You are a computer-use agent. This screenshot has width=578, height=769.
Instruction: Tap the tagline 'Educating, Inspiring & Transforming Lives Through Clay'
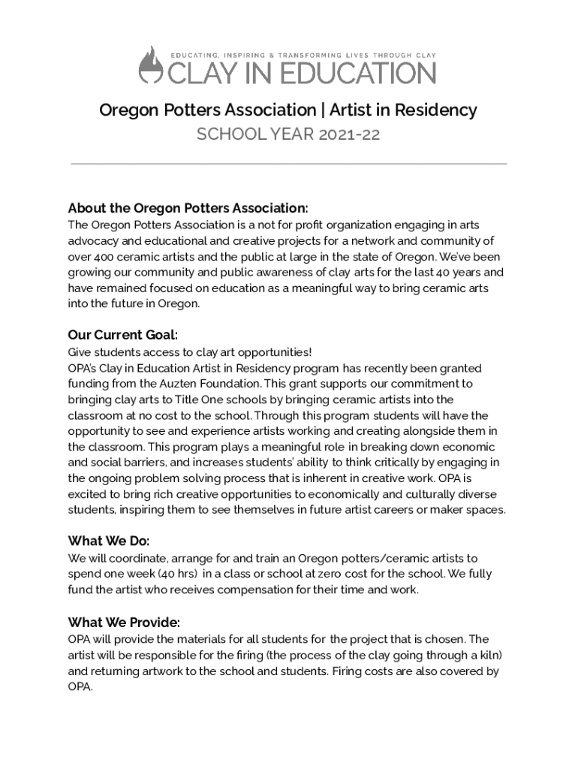(x=304, y=55)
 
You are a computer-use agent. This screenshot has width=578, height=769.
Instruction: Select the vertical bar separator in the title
(x=322, y=110)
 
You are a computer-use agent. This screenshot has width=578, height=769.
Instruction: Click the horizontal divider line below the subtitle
(x=288, y=163)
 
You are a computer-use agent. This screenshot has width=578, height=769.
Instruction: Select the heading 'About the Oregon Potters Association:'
(x=188, y=208)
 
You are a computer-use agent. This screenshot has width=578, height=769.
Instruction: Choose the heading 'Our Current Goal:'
(x=122, y=335)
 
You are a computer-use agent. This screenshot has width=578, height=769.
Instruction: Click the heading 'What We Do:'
(x=109, y=541)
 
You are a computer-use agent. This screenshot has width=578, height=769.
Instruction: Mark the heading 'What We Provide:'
(x=124, y=623)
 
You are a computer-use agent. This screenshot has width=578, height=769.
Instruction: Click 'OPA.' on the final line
(x=80, y=687)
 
